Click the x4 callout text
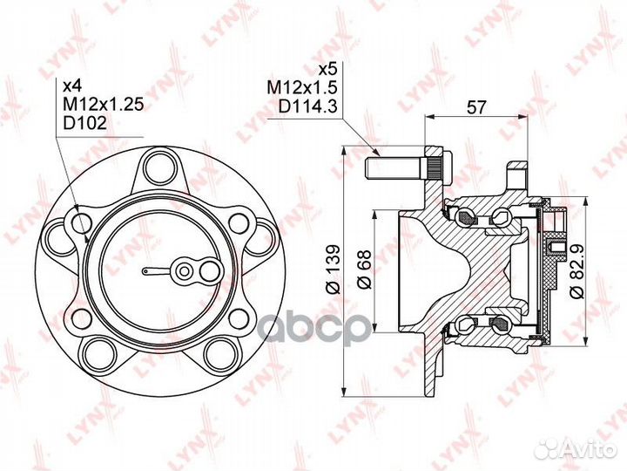click(x=72, y=85)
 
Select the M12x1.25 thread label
click(x=103, y=104)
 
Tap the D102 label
click(x=85, y=123)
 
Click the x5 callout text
click(x=328, y=70)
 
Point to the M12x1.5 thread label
click(x=303, y=88)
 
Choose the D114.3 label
click(x=308, y=106)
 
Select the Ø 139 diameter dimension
click(x=333, y=269)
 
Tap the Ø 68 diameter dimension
click(x=364, y=270)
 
